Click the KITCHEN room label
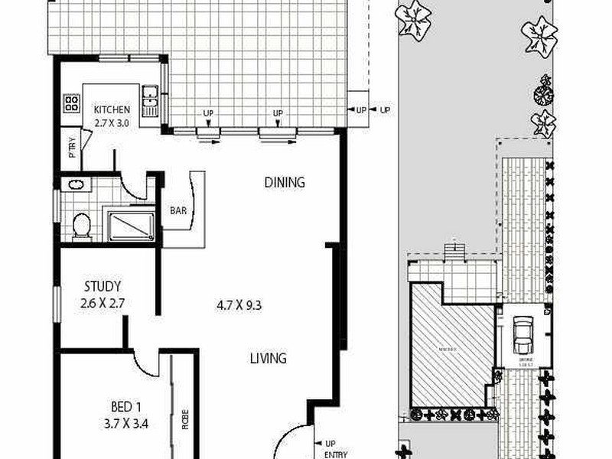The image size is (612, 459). coord(112,109)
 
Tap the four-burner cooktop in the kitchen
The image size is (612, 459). coord(72,103)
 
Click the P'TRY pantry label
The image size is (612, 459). coord(73,146)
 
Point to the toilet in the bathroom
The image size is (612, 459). coord(81,225)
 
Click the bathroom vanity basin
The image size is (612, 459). coord(75,184)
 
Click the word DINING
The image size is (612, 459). coord(285,182)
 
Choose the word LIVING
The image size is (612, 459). coord(268,358)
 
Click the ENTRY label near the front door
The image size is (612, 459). coord(335,454)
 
